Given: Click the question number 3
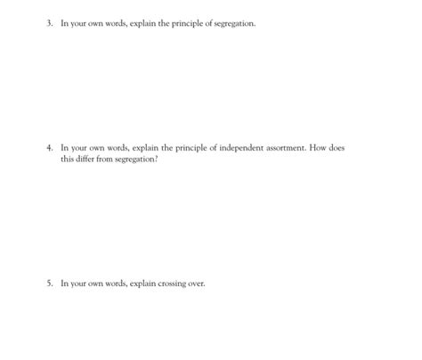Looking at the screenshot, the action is (51, 24).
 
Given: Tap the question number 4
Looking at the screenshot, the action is (51, 148).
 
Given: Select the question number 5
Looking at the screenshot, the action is (51, 283).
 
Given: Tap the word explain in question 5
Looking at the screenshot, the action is (127, 283).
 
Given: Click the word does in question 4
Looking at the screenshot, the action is (335, 148).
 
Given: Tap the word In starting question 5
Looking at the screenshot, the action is (63, 283).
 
